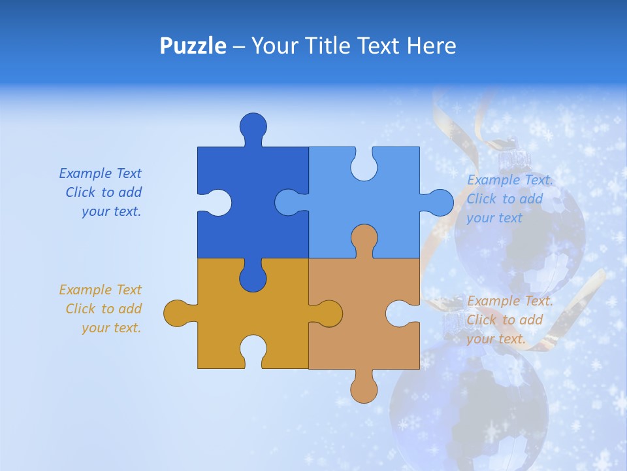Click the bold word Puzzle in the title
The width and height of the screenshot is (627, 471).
point(193,46)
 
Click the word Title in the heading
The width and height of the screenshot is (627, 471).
point(323,46)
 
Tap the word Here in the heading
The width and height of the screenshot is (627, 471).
point(431,46)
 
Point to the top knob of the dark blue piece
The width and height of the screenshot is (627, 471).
point(253,126)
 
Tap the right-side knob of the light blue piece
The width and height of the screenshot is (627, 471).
point(439,203)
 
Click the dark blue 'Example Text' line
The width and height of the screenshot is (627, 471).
point(100,173)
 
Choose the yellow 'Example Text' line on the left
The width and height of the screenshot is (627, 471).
point(100,290)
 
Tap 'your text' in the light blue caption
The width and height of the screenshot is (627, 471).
point(494,218)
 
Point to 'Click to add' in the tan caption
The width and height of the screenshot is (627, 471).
point(505,320)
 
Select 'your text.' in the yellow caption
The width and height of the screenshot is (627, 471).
point(111,328)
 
